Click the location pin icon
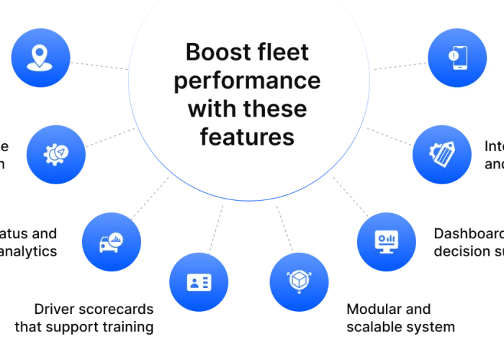click(40, 58)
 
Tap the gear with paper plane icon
click(55, 153)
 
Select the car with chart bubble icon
click(112, 242)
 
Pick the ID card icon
click(198, 282)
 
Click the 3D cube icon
click(298, 281)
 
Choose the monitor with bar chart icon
click(387, 241)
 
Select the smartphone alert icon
click(457, 57)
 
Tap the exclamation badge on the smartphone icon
click(453, 55)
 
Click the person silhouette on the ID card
click(193, 282)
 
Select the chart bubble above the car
click(117, 238)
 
